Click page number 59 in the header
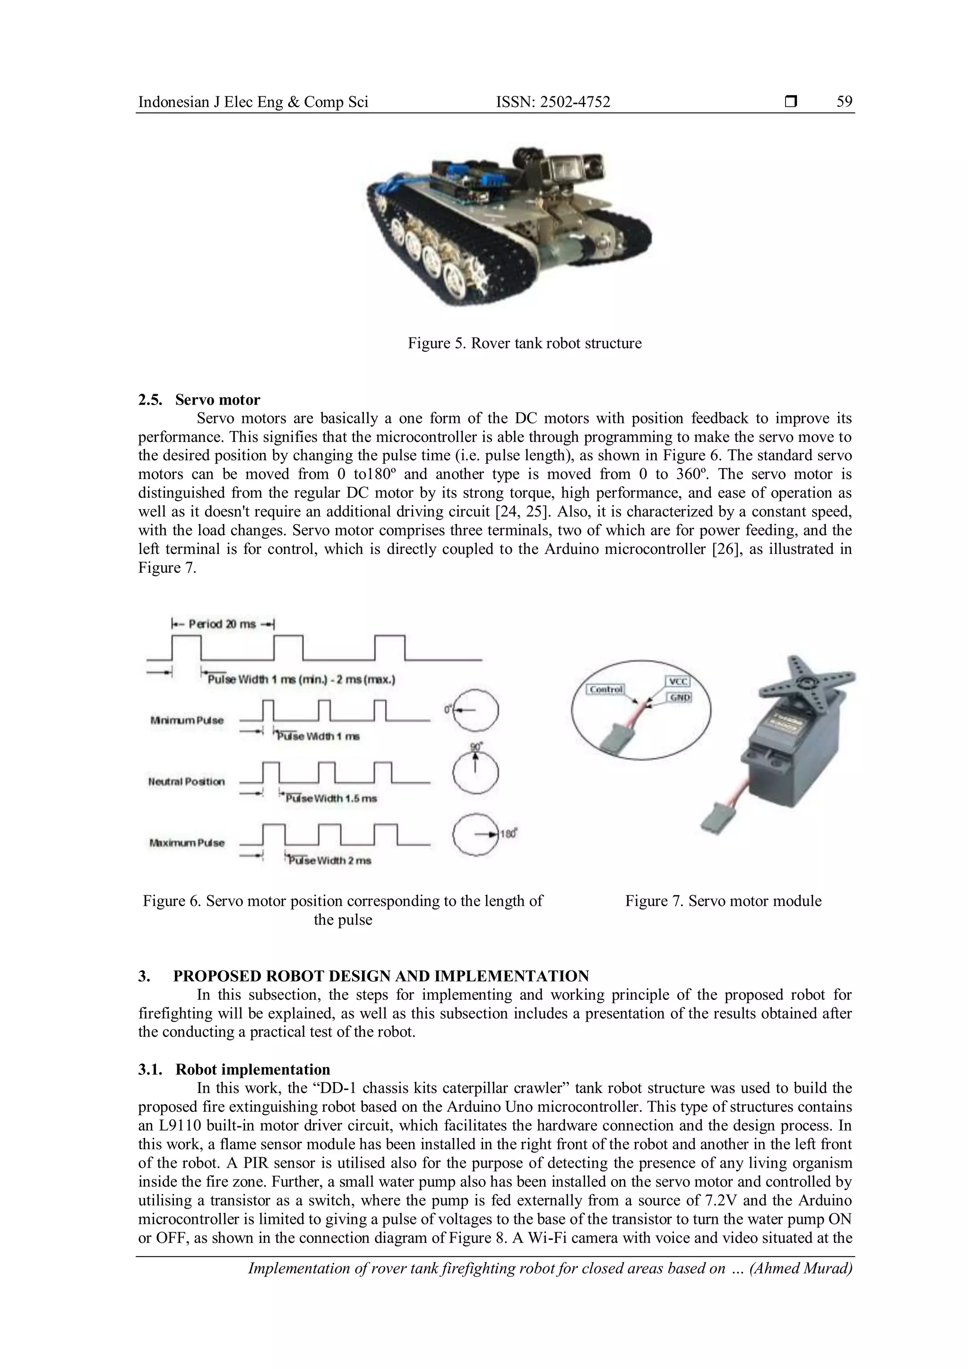(x=844, y=102)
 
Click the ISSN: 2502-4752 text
(x=553, y=103)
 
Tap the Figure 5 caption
(x=525, y=344)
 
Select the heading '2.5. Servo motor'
(x=199, y=399)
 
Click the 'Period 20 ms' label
(x=222, y=624)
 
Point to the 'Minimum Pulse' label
(x=187, y=720)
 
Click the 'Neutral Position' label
(x=187, y=782)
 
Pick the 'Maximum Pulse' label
(x=187, y=843)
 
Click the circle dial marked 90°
(x=475, y=773)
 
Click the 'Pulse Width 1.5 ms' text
(x=331, y=799)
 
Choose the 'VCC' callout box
(x=676, y=682)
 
